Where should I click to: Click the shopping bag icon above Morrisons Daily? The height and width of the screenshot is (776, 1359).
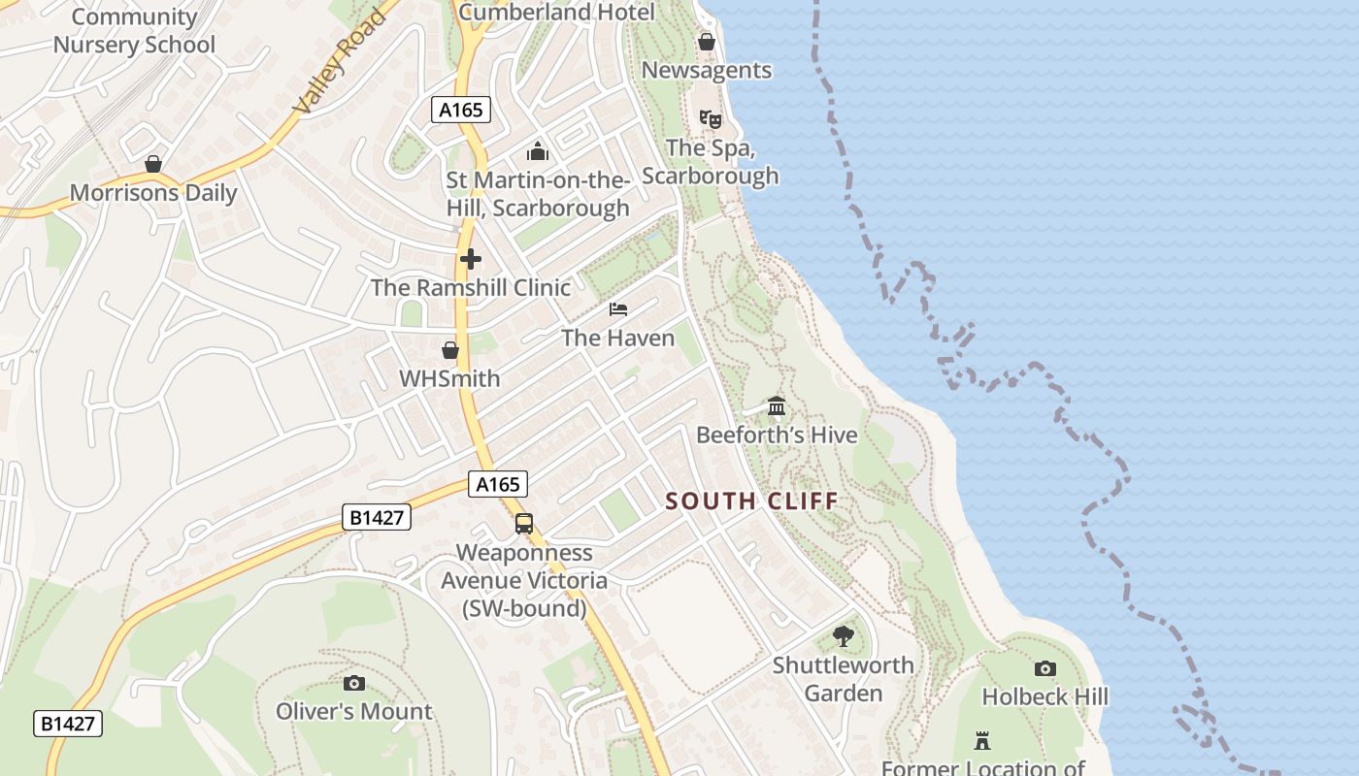pyautogui.click(x=152, y=164)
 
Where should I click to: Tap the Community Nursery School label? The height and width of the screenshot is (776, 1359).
pyautogui.click(x=134, y=31)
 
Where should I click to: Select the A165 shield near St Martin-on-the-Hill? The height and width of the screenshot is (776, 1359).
pyautogui.click(x=460, y=110)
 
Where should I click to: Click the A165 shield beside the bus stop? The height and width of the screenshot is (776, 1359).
pyautogui.click(x=499, y=484)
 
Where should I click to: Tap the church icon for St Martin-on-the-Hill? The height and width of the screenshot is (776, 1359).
pyautogui.click(x=537, y=151)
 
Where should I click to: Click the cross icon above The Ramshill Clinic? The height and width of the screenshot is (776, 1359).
pyautogui.click(x=471, y=259)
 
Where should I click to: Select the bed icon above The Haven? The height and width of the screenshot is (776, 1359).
pyautogui.click(x=618, y=309)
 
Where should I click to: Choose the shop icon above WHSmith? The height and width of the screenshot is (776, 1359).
pyautogui.click(x=449, y=350)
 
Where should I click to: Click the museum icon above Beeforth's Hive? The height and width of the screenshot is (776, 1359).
pyautogui.click(x=776, y=405)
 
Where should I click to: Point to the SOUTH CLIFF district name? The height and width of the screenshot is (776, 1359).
pyautogui.click(x=751, y=501)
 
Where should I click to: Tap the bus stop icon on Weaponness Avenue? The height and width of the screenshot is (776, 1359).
pyautogui.click(x=524, y=524)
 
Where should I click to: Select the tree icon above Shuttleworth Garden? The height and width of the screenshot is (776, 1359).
pyautogui.click(x=844, y=636)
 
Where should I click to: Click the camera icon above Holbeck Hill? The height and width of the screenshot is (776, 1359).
pyautogui.click(x=1044, y=668)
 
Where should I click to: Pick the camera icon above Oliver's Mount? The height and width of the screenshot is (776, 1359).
pyautogui.click(x=354, y=683)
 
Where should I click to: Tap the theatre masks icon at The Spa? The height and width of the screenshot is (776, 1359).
pyautogui.click(x=710, y=119)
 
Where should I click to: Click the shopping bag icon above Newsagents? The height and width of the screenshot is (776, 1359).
pyautogui.click(x=707, y=43)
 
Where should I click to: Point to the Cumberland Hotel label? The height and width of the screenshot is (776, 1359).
pyautogui.click(x=556, y=13)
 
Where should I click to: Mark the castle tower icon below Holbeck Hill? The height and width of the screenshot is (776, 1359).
pyautogui.click(x=982, y=741)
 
